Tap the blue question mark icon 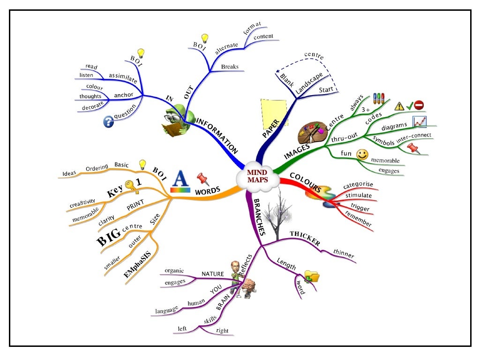click(x=108, y=122)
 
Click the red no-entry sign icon click(x=419, y=105)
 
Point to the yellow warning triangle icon click(x=399, y=106)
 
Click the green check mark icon click(x=409, y=105)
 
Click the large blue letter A click(x=180, y=182)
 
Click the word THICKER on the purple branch click(x=305, y=238)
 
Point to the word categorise click(x=358, y=186)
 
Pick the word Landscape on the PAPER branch click(x=309, y=84)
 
